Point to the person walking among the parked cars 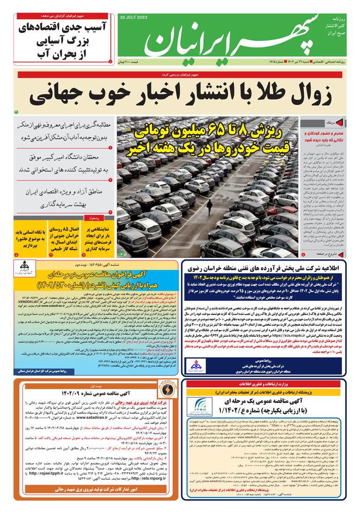[209, 207]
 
